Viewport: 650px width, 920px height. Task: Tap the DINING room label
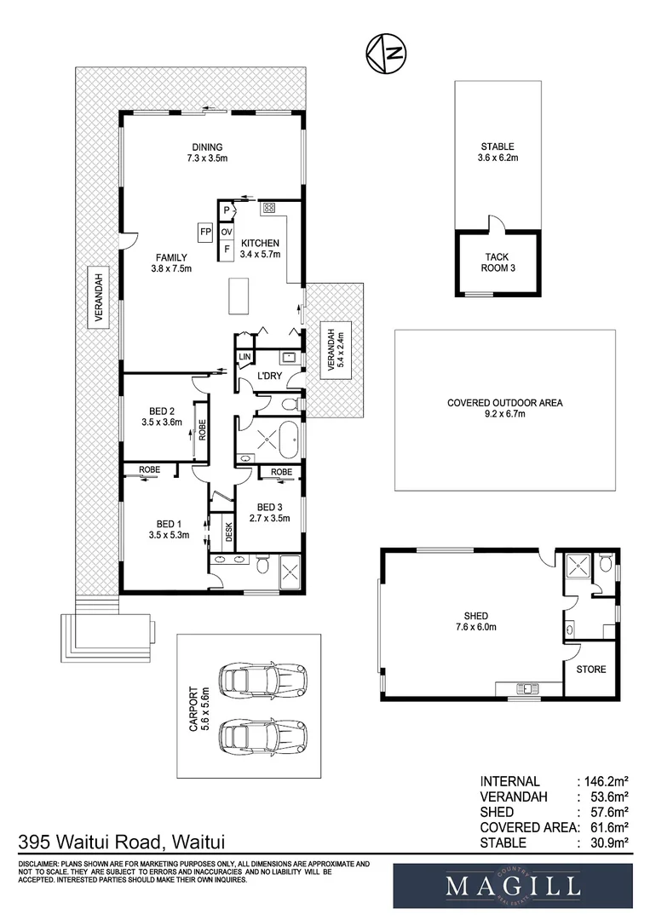(207, 152)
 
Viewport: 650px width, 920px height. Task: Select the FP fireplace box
(205, 231)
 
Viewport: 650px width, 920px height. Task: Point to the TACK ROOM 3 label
(498, 262)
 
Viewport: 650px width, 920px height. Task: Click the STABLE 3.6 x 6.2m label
(498, 152)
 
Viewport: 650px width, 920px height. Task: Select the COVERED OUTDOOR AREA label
(505, 409)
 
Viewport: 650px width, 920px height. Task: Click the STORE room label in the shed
(591, 670)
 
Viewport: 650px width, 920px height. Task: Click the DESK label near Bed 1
(229, 532)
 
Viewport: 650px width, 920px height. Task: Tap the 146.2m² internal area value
(604, 781)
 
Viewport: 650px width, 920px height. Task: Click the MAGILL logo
(512, 887)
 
